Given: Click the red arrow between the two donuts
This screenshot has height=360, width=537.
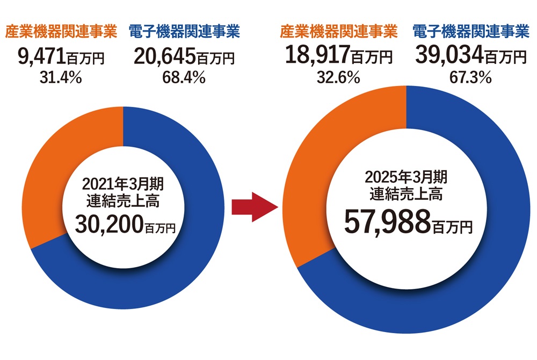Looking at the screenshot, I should coord(251,207).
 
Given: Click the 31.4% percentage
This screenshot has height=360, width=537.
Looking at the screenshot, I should coord(60,78).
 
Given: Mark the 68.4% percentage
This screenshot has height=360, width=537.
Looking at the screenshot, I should coord(184,78).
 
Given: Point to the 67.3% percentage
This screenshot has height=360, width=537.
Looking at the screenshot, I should coord(470,78).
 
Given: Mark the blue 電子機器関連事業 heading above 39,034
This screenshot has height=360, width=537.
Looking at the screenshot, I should coord(470,32).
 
